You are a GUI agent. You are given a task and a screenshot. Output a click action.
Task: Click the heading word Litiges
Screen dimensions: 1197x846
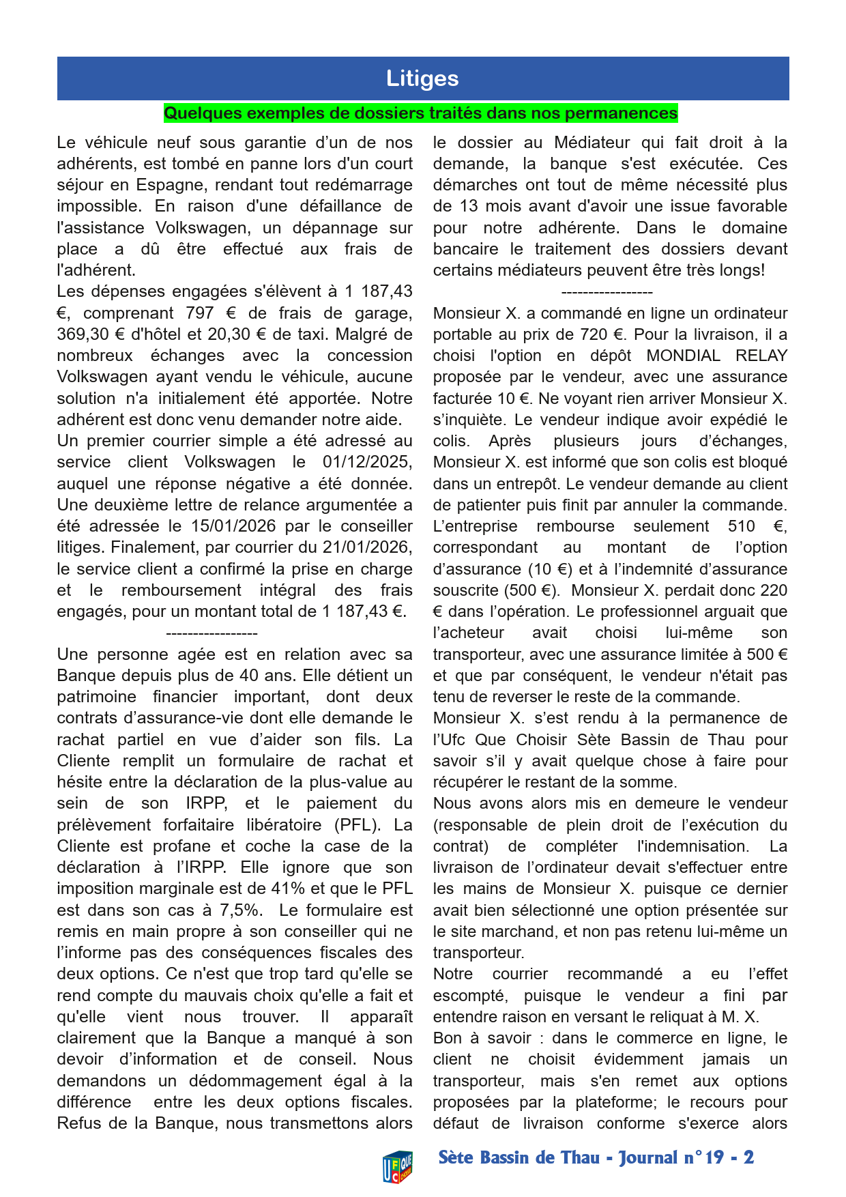(422, 78)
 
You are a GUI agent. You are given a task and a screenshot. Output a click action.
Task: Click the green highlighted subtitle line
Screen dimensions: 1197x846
(420, 113)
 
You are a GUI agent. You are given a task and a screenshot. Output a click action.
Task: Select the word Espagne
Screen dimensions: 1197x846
(164, 185)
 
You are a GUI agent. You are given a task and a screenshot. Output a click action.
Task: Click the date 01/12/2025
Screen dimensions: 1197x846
(367, 462)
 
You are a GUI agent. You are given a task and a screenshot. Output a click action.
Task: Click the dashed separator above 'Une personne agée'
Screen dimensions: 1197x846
(211, 634)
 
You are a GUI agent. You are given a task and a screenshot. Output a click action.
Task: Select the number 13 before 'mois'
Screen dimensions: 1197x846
(469, 206)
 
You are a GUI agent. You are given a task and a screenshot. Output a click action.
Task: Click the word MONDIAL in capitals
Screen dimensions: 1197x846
(683, 356)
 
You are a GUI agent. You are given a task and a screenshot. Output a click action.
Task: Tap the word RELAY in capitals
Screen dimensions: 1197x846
(761, 356)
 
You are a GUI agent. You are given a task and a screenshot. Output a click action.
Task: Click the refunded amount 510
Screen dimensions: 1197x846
(741, 526)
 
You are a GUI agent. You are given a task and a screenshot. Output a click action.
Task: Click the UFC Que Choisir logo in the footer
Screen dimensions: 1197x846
(397, 1166)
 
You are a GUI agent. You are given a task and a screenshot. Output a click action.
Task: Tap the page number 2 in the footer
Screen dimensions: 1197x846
(749, 1158)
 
